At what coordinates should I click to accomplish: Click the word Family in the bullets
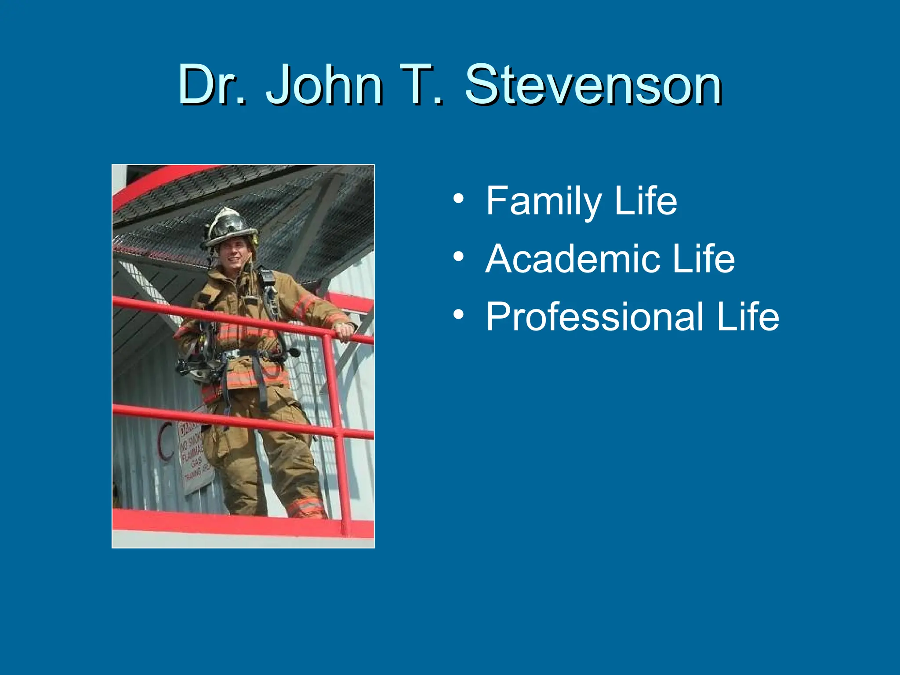click(x=543, y=201)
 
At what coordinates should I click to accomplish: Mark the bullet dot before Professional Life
click(x=458, y=315)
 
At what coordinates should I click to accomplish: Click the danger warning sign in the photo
click(x=193, y=455)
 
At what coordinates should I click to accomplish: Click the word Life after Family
click(x=646, y=201)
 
